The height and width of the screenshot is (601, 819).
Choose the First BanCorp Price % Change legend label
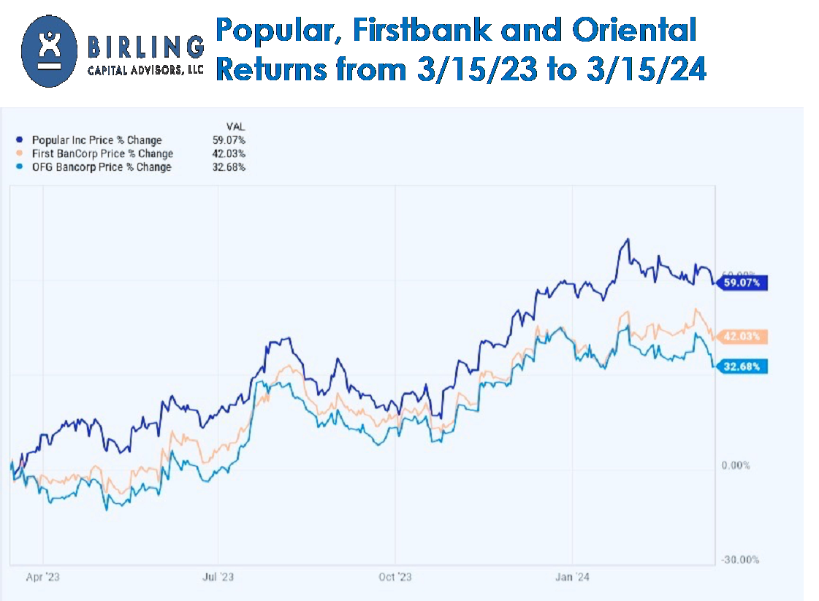coord(102,153)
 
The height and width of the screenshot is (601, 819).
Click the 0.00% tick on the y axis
coord(735,466)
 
